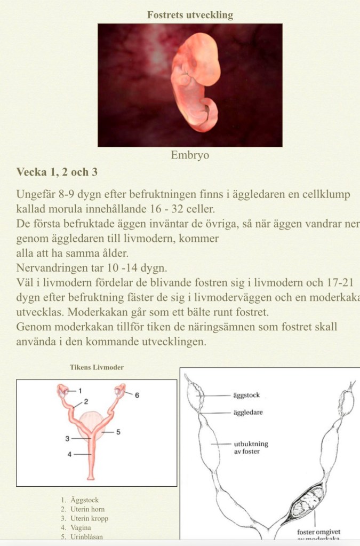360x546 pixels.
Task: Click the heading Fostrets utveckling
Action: coord(190,15)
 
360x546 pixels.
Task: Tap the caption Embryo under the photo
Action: coord(190,155)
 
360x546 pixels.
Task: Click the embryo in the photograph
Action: coord(196,80)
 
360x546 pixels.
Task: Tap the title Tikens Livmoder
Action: coord(97,367)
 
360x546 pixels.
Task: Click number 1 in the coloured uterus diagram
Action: coord(80,391)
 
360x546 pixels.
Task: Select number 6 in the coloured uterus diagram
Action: coord(137,395)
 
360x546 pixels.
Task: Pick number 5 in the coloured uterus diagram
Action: coord(118,431)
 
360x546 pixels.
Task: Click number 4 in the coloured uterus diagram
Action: coord(69,455)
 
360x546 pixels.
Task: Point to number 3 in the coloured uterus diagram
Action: coord(68,438)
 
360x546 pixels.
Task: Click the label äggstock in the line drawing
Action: coord(246,395)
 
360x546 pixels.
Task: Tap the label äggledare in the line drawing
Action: coord(247,413)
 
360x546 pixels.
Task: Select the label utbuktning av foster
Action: coord(251,447)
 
